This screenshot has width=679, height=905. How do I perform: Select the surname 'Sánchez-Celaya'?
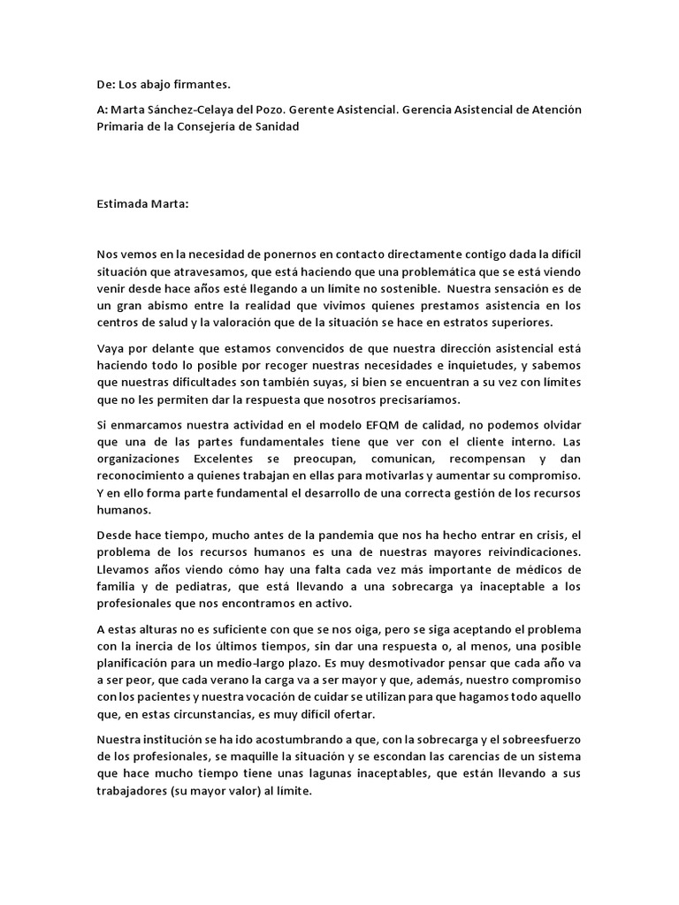(x=194, y=110)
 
